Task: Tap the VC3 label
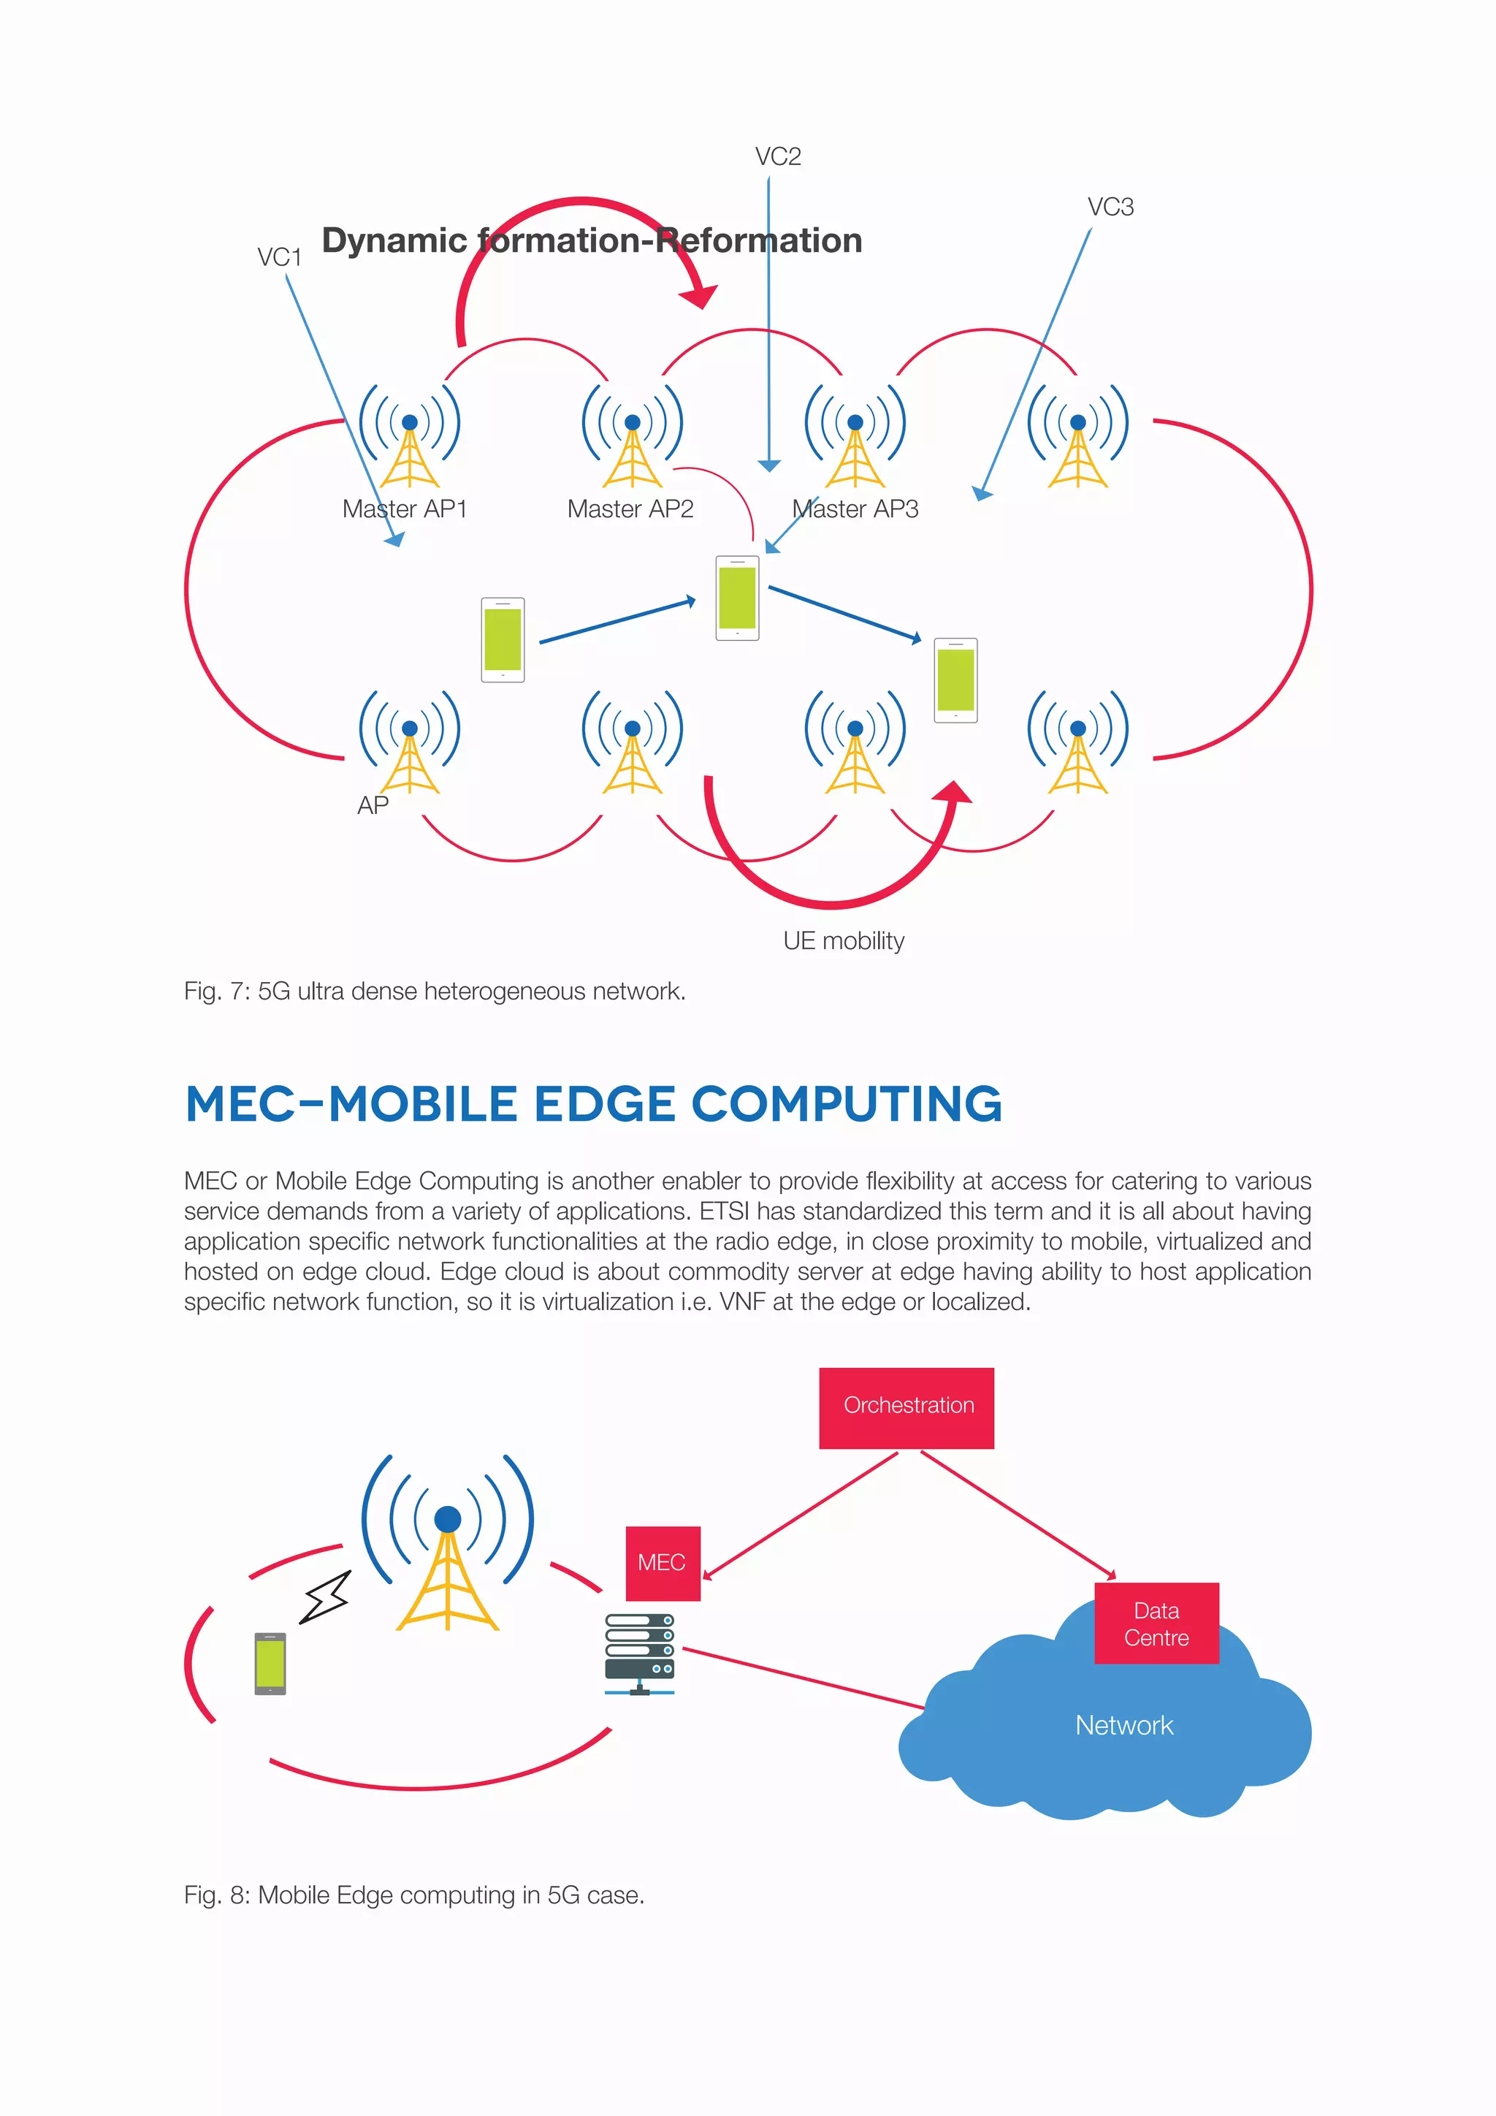(x=1110, y=208)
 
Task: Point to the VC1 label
(x=279, y=257)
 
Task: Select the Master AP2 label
(x=630, y=509)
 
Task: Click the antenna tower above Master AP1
(x=410, y=438)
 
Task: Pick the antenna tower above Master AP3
(x=855, y=438)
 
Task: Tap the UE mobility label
(x=844, y=941)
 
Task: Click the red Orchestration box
(x=907, y=1407)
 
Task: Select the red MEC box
(x=663, y=1563)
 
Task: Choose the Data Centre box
(x=1156, y=1624)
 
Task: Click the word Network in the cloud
(x=1124, y=1725)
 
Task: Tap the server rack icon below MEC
(x=639, y=1653)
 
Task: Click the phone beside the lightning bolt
(x=270, y=1664)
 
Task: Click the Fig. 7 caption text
(x=435, y=992)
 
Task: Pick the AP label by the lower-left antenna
(x=373, y=805)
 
